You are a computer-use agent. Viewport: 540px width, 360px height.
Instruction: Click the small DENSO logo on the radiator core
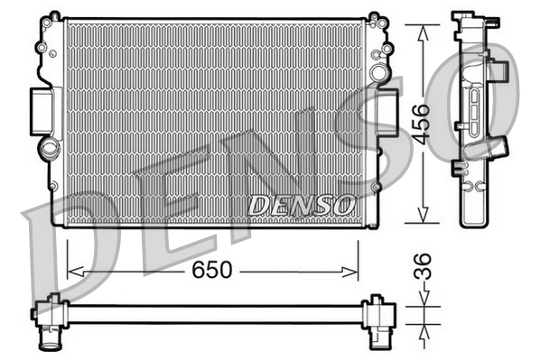pyautogui.click(x=301, y=205)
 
